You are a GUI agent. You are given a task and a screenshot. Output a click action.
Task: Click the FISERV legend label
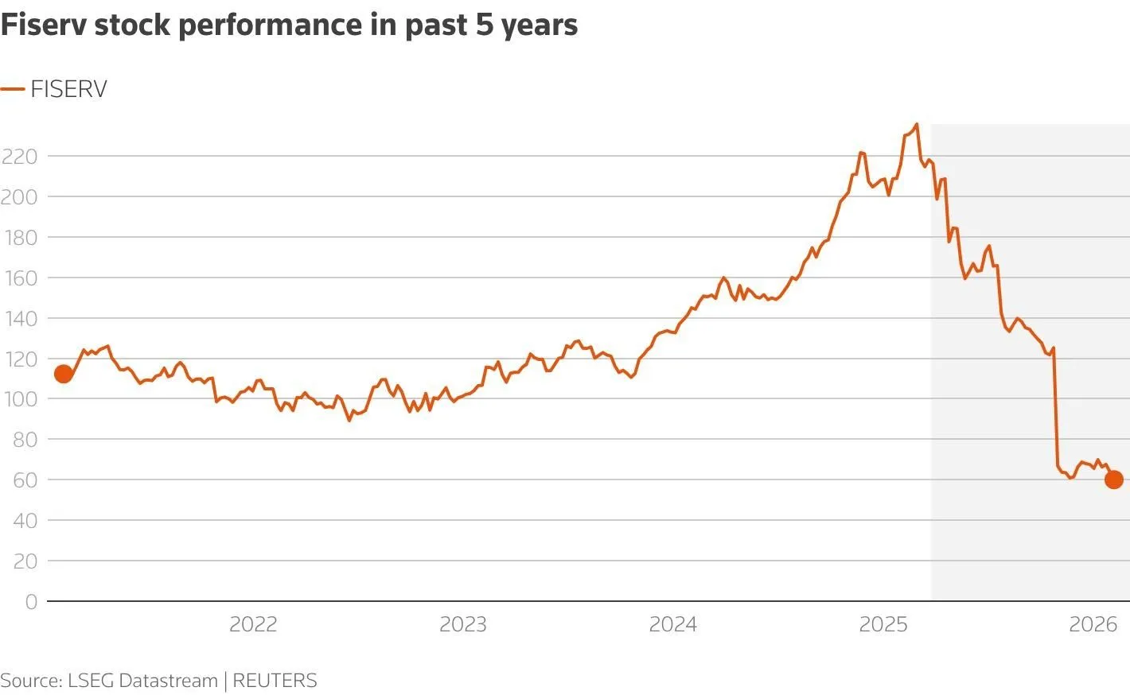click(x=68, y=89)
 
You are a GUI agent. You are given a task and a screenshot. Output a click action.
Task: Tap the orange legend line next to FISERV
click(x=13, y=89)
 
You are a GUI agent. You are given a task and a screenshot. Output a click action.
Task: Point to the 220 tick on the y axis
click(x=19, y=157)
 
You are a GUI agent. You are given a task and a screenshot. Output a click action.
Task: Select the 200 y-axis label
click(x=19, y=197)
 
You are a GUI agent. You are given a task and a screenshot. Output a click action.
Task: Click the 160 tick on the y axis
click(x=19, y=278)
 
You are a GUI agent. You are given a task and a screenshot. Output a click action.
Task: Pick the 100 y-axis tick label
click(x=19, y=399)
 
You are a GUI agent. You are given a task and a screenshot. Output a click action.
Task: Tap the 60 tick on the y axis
click(x=24, y=480)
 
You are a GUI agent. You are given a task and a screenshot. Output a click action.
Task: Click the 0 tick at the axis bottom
click(x=31, y=602)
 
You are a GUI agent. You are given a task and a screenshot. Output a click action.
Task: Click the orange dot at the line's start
click(x=63, y=374)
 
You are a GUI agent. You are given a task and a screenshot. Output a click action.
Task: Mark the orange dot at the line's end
click(x=1113, y=480)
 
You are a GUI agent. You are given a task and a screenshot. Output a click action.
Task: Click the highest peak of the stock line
click(x=917, y=124)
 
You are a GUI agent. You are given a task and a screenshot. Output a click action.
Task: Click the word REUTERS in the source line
click(x=275, y=681)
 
